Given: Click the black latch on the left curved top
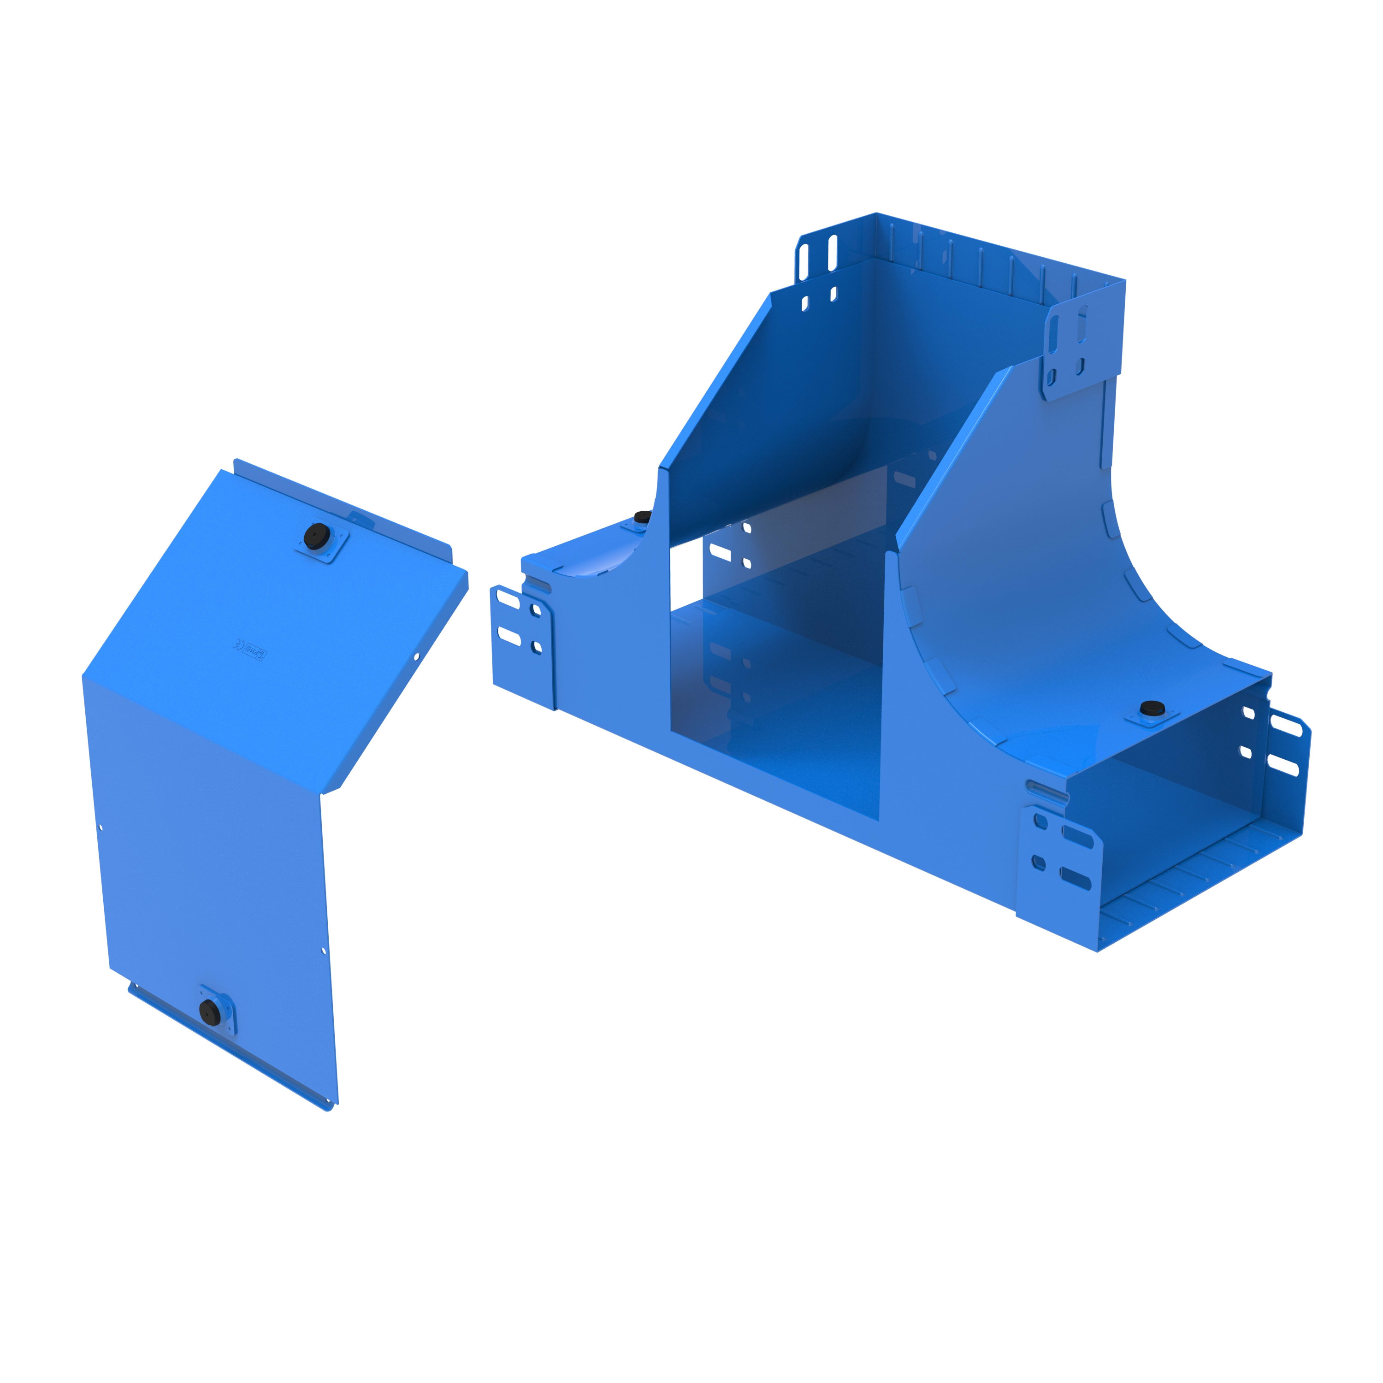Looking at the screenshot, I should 643,516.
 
